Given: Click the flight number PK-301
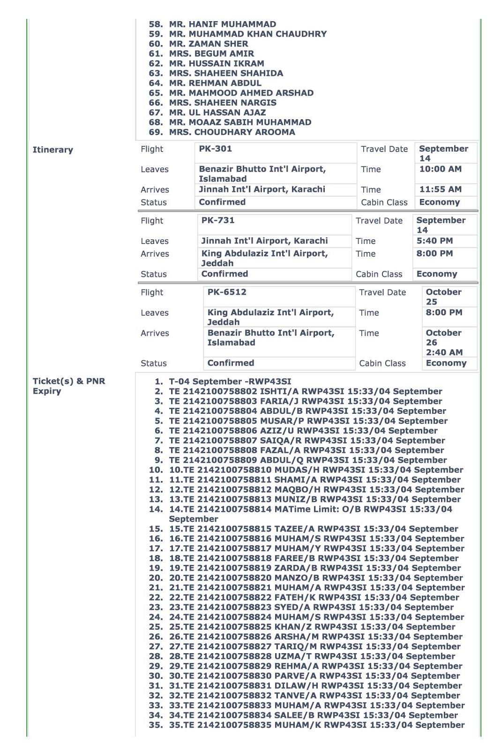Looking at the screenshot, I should (215, 149).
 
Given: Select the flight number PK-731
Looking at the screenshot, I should (218, 220).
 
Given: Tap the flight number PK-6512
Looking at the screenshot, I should (227, 292).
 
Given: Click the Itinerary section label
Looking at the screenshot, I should (53, 150).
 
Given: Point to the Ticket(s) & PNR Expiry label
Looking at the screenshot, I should (69, 386).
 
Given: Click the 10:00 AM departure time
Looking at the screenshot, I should (440, 169).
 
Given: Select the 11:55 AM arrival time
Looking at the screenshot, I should (440, 189).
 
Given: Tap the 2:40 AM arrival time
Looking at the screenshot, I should (444, 352).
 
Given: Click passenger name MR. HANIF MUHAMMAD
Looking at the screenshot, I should (223, 24).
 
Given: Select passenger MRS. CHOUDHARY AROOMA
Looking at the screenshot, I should (232, 132).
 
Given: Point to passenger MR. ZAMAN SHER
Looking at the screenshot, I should (209, 44).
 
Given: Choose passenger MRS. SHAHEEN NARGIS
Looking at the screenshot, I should (223, 102).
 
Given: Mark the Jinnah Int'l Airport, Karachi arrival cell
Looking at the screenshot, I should (262, 189).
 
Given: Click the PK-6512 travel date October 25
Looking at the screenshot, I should (443, 297).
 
